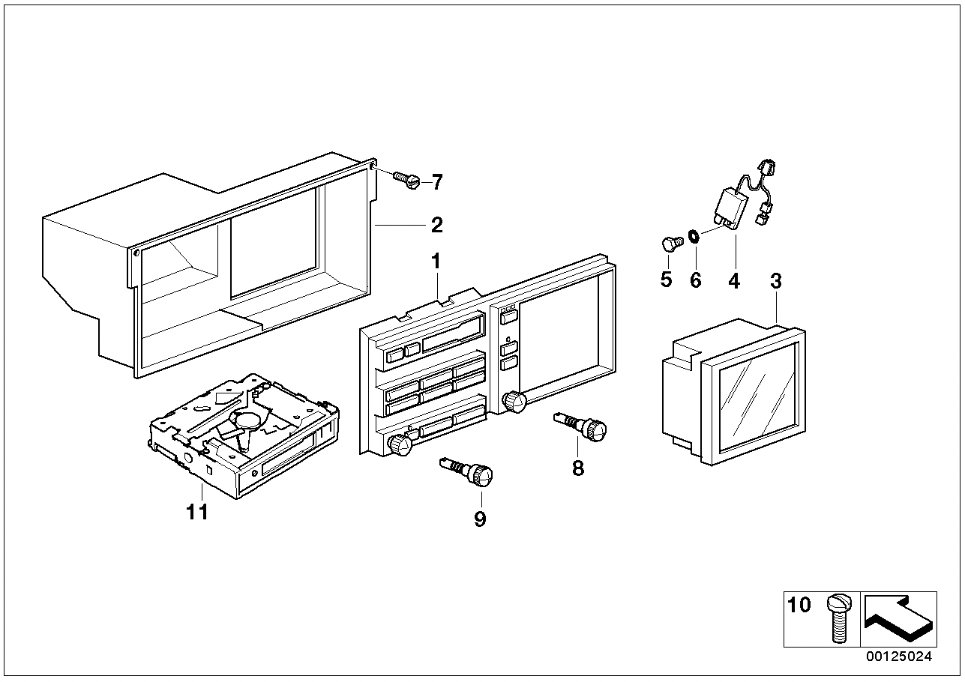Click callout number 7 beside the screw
pos(437,182)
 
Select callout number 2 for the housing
pos(437,225)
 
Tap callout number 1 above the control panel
pos(436,261)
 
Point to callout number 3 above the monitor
pos(775,281)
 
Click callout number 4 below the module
pos(734,281)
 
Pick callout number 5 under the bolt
pos(666,280)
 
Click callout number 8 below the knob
pos(577,467)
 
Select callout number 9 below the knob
pos(480,519)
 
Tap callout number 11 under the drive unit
pos(197,512)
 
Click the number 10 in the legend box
pos(799,605)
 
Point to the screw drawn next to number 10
pos(839,619)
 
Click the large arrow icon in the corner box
pos(898,619)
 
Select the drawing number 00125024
pos(899,657)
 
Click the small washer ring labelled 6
pos(694,236)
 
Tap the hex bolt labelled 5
pos(672,244)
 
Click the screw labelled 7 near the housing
pos(407,180)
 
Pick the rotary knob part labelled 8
pos(580,426)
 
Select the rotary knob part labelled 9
pos(466,472)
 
